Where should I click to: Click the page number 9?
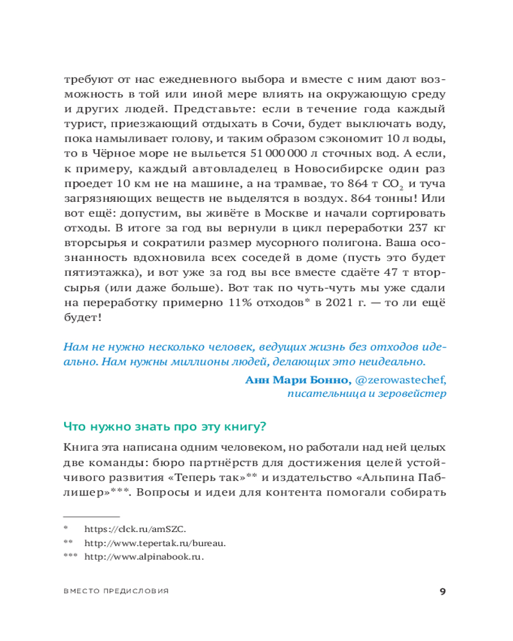click(x=442, y=591)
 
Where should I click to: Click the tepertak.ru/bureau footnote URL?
click(x=156, y=543)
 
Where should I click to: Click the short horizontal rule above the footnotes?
click(x=91, y=516)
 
